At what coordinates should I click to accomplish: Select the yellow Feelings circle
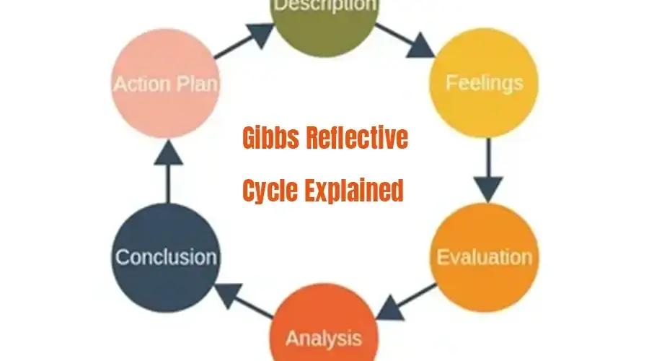tap(484, 83)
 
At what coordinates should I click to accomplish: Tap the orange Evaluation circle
tap(484, 257)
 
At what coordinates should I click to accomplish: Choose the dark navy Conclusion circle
tap(166, 257)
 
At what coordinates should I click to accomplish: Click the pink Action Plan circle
tap(166, 83)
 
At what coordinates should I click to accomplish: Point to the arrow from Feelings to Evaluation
tap(488, 170)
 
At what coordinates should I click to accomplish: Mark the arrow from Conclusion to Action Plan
tap(167, 169)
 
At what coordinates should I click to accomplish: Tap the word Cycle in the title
tap(271, 191)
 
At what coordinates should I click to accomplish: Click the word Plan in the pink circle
tap(194, 84)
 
